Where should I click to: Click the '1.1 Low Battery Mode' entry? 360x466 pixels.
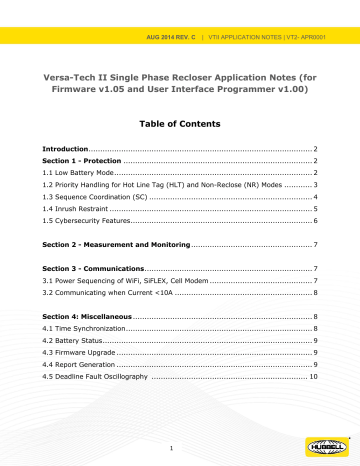pos(82,173)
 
